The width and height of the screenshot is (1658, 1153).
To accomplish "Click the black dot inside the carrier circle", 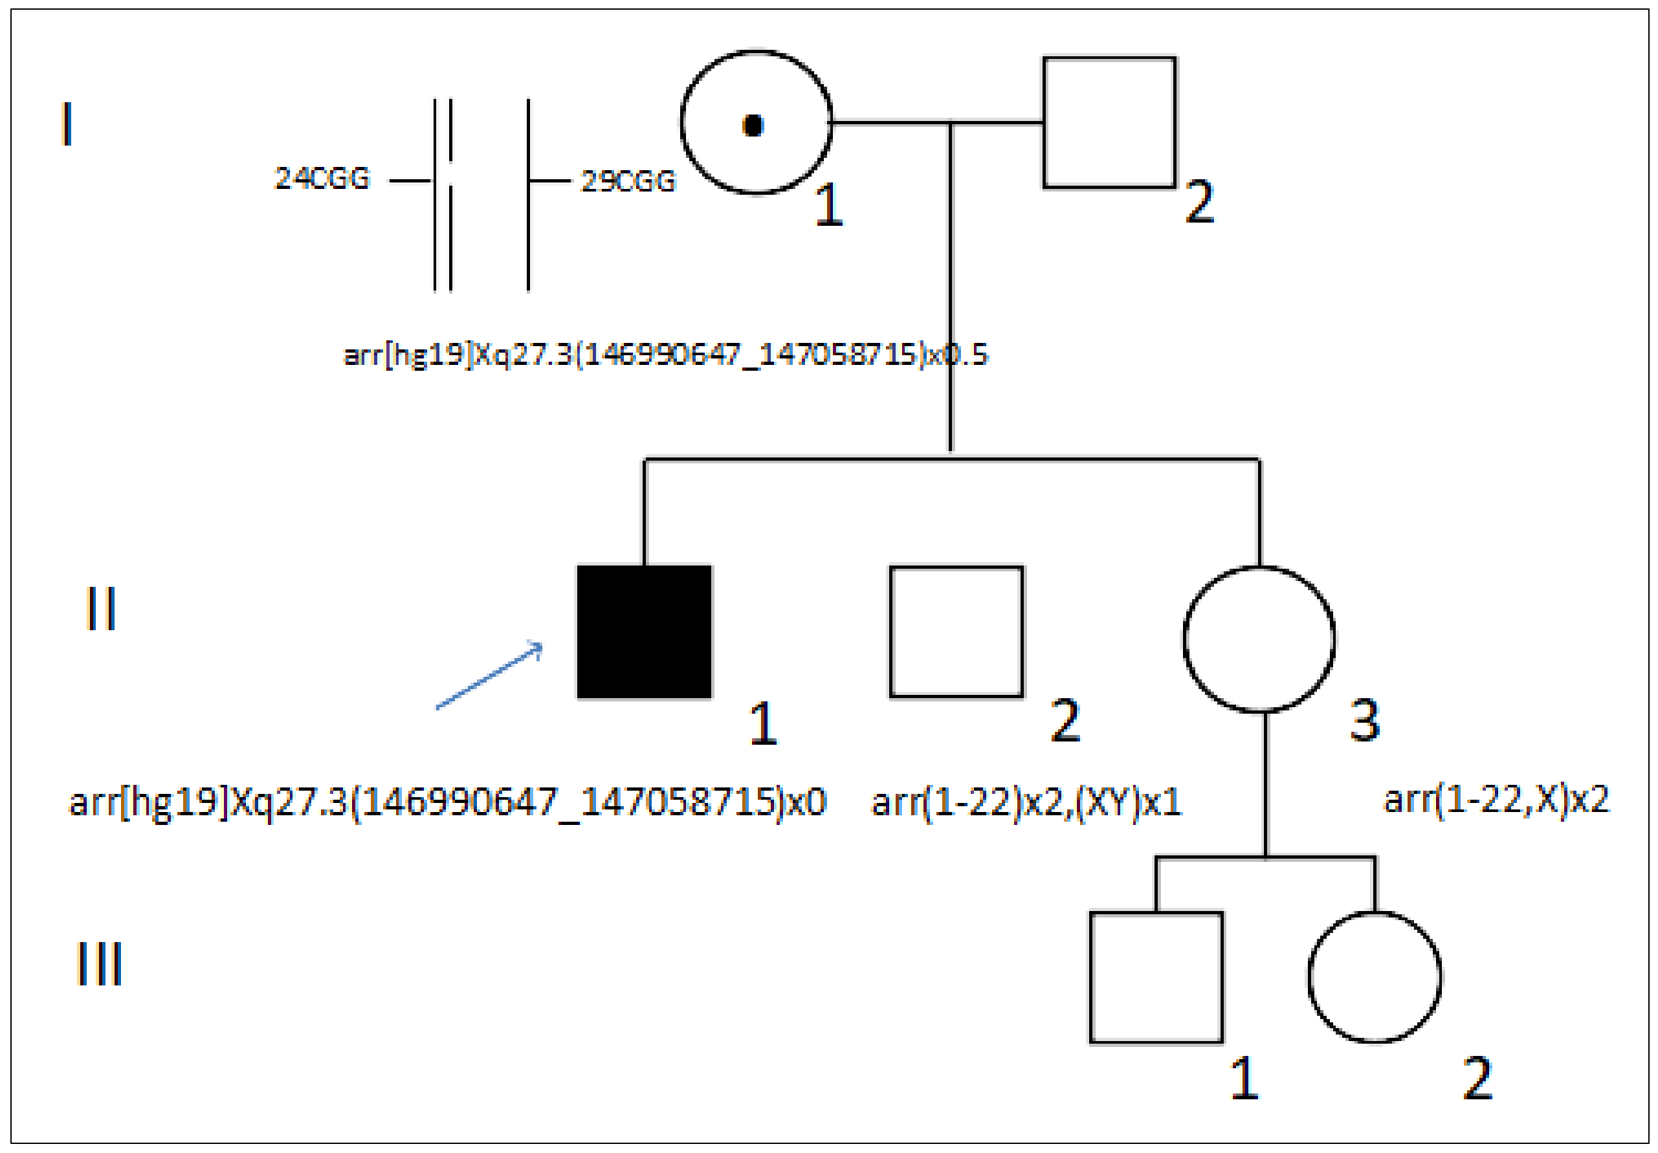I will pyautogui.click(x=753, y=126).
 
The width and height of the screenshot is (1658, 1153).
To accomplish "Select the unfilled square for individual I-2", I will pyautogui.click(x=1109, y=123).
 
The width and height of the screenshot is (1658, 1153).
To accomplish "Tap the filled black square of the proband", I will pyautogui.click(x=644, y=631).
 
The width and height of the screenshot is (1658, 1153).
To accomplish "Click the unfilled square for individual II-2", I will pyautogui.click(x=956, y=631).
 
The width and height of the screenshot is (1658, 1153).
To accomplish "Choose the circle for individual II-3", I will pyautogui.click(x=1259, y=639).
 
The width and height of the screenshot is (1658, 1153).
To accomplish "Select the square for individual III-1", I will pyautogui.click(x=1155, y=978).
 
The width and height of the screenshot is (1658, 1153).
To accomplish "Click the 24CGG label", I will pyautogui.click(x=322, y=179).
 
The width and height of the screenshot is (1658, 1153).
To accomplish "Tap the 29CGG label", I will pyautogui.click(x=628, y=181).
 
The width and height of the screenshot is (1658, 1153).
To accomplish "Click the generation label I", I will pyautogui.click(x=67, y=124).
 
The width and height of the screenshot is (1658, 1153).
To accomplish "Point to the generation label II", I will pyautogui.click(x=100, y=609).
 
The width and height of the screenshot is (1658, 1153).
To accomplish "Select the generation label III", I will pyautogui.click(x=99, y=963).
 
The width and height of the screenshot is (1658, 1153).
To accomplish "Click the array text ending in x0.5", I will pyautogui.click(x=665, y=355).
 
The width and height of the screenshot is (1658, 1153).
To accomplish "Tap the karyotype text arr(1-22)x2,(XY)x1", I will pyautogui.click(x=1026, y=802).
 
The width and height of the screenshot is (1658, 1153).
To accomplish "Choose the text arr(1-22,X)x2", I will pyautogui.click(x=1496, y=799).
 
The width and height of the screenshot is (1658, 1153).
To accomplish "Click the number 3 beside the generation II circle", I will pyautogui.click(x=1364, y=721).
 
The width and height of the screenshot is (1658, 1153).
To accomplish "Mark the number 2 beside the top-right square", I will pyautogui.click(x=1199, y=201).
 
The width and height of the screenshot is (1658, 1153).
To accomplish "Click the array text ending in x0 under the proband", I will pyautogui.click(x=447, y=802).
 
